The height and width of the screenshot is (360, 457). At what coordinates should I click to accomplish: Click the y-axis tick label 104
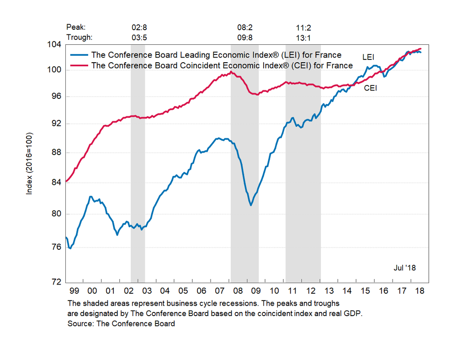[x=54, y=45]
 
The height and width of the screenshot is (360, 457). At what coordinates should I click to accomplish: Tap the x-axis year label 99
[x=74, y=291]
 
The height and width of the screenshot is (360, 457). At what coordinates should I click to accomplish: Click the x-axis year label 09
[x=255, y=291]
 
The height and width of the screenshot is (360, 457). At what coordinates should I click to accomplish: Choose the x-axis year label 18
[x=419, y=291]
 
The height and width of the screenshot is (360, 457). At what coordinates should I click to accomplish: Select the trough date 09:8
[x=245, y=38]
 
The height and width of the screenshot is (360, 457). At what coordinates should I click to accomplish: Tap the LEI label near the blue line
[x=368, y=58]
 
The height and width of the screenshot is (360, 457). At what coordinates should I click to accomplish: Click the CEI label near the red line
[x=370, y=88]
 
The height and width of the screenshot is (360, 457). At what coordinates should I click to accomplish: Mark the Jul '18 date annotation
[x=404, y=268]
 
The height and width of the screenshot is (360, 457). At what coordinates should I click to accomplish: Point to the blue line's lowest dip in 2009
[x=251, y=205]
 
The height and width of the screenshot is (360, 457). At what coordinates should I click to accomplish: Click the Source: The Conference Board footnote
[x=121, y=324]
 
